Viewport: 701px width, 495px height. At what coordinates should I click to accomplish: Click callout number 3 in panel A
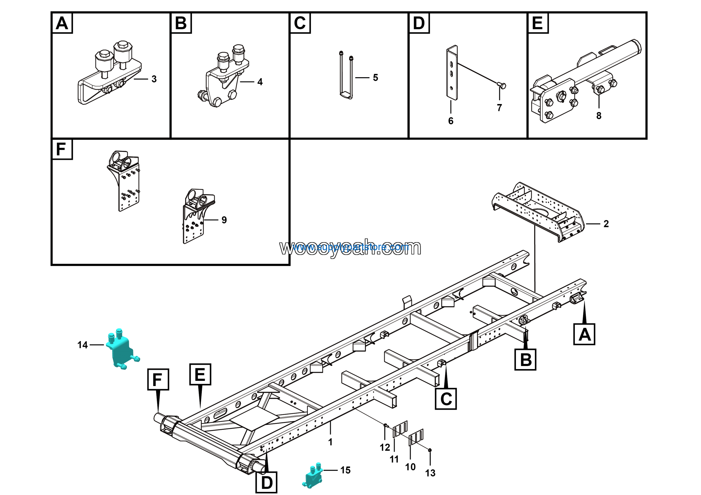click(x=154, y=79)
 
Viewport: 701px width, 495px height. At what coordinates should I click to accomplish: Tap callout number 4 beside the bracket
click(x=260, y=82)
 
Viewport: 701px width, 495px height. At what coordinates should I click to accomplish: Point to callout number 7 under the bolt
click(x=499, y=108)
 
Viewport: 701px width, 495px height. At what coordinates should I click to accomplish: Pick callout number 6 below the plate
click(x=451, y=121)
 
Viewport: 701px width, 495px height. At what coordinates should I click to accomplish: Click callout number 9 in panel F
click(x=224, y=220)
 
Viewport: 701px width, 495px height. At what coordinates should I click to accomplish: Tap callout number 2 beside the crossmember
click(x=606, y=224)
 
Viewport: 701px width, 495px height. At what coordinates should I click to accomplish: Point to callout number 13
click(x=430, y=473)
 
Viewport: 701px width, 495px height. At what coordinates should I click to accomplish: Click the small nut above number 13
click(x=430, y=450)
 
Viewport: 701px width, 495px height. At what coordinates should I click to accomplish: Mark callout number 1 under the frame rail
click(x=330, y=442)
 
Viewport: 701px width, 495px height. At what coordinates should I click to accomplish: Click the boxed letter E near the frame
click(x=200, y=375)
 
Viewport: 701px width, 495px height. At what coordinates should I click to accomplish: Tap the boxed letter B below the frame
click(x=525, y=360)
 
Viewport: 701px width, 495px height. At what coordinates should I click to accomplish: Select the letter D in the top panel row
click(x=419, y=23)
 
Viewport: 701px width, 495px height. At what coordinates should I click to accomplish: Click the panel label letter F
click(x=61, y=149)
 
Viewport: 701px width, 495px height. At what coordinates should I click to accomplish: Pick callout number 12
click(x=385, y=447)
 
